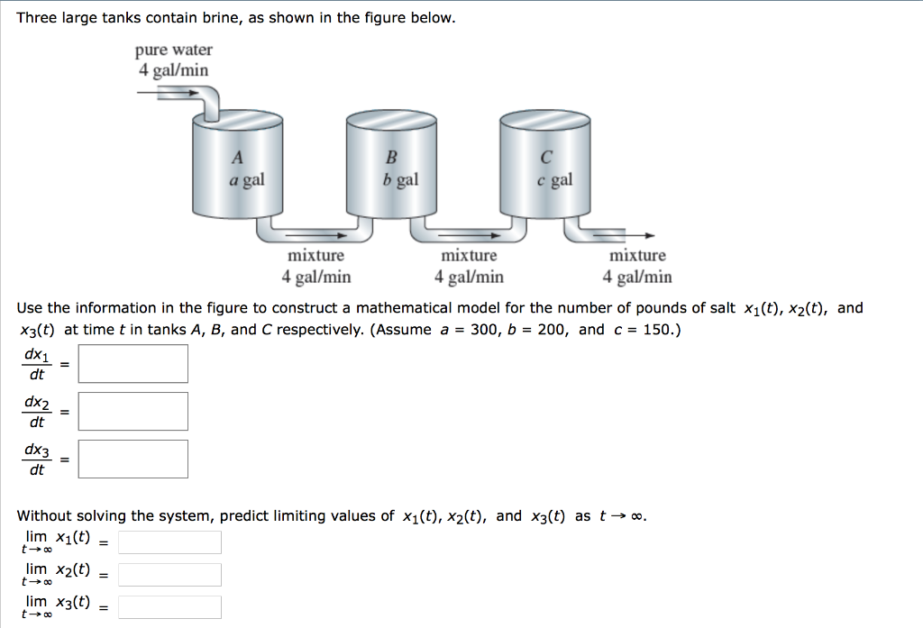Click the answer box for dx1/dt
[133, 364]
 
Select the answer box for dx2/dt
[133, 411]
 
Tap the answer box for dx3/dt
[133, 459]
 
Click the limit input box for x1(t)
[169, 542]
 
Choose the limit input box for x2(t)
[169, 575]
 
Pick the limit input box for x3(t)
[169, 607]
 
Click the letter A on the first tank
[237, 159]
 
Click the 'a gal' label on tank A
[246, 179]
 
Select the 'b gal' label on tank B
[400, 179]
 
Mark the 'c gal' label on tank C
[554, 179]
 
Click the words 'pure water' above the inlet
[174, 50]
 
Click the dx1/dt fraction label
[37, 364]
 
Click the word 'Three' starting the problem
[37, 18]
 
